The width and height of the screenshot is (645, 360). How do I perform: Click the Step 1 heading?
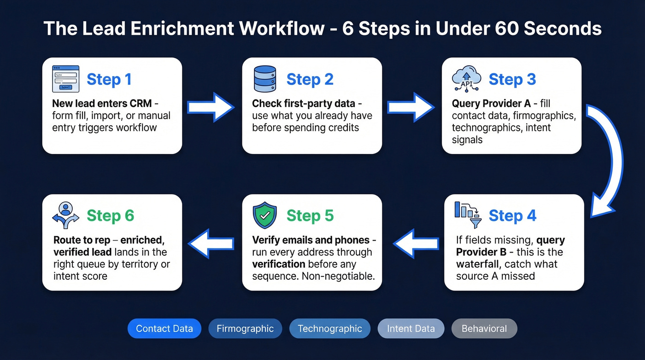[109, 79]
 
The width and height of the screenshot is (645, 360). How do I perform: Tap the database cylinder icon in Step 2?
[264, 79]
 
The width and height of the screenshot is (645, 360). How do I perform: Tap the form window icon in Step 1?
[65, 79]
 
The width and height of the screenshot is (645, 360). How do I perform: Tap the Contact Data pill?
[164, 329]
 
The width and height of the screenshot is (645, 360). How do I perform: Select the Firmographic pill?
[245, 329]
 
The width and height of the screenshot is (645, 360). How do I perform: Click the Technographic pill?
[330, 329]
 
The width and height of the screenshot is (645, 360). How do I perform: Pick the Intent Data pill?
[410, 329]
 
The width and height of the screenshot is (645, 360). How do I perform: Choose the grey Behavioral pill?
[484, 329]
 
